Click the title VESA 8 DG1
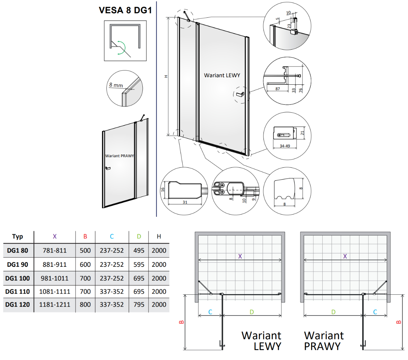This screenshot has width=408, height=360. click(125, 10)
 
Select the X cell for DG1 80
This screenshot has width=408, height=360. click(55, 250)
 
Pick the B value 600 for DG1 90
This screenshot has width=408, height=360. click(85, 264)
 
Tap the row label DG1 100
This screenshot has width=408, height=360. click(18, 278)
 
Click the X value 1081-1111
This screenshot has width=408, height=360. click(55, 292)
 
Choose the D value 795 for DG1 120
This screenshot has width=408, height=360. click(139, 305)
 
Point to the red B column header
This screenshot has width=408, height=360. click(85, 236)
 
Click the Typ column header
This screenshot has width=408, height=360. click(18, 236)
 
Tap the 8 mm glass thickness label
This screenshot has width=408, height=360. click(116, 85)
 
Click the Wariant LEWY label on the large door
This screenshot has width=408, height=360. click(222, 75)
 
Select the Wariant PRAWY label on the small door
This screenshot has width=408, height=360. click(119, 156)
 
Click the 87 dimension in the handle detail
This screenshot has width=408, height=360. click(277, 89)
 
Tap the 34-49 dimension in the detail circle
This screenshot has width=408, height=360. click(285, 146)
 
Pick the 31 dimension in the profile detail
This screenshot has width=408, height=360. click(185, 202)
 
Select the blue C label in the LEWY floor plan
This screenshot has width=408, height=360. click(210, 312)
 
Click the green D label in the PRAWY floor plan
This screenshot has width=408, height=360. click(333, 312)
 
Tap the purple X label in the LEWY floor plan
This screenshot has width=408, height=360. click(240, 257)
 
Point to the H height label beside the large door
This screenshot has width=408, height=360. click(166, 76)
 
